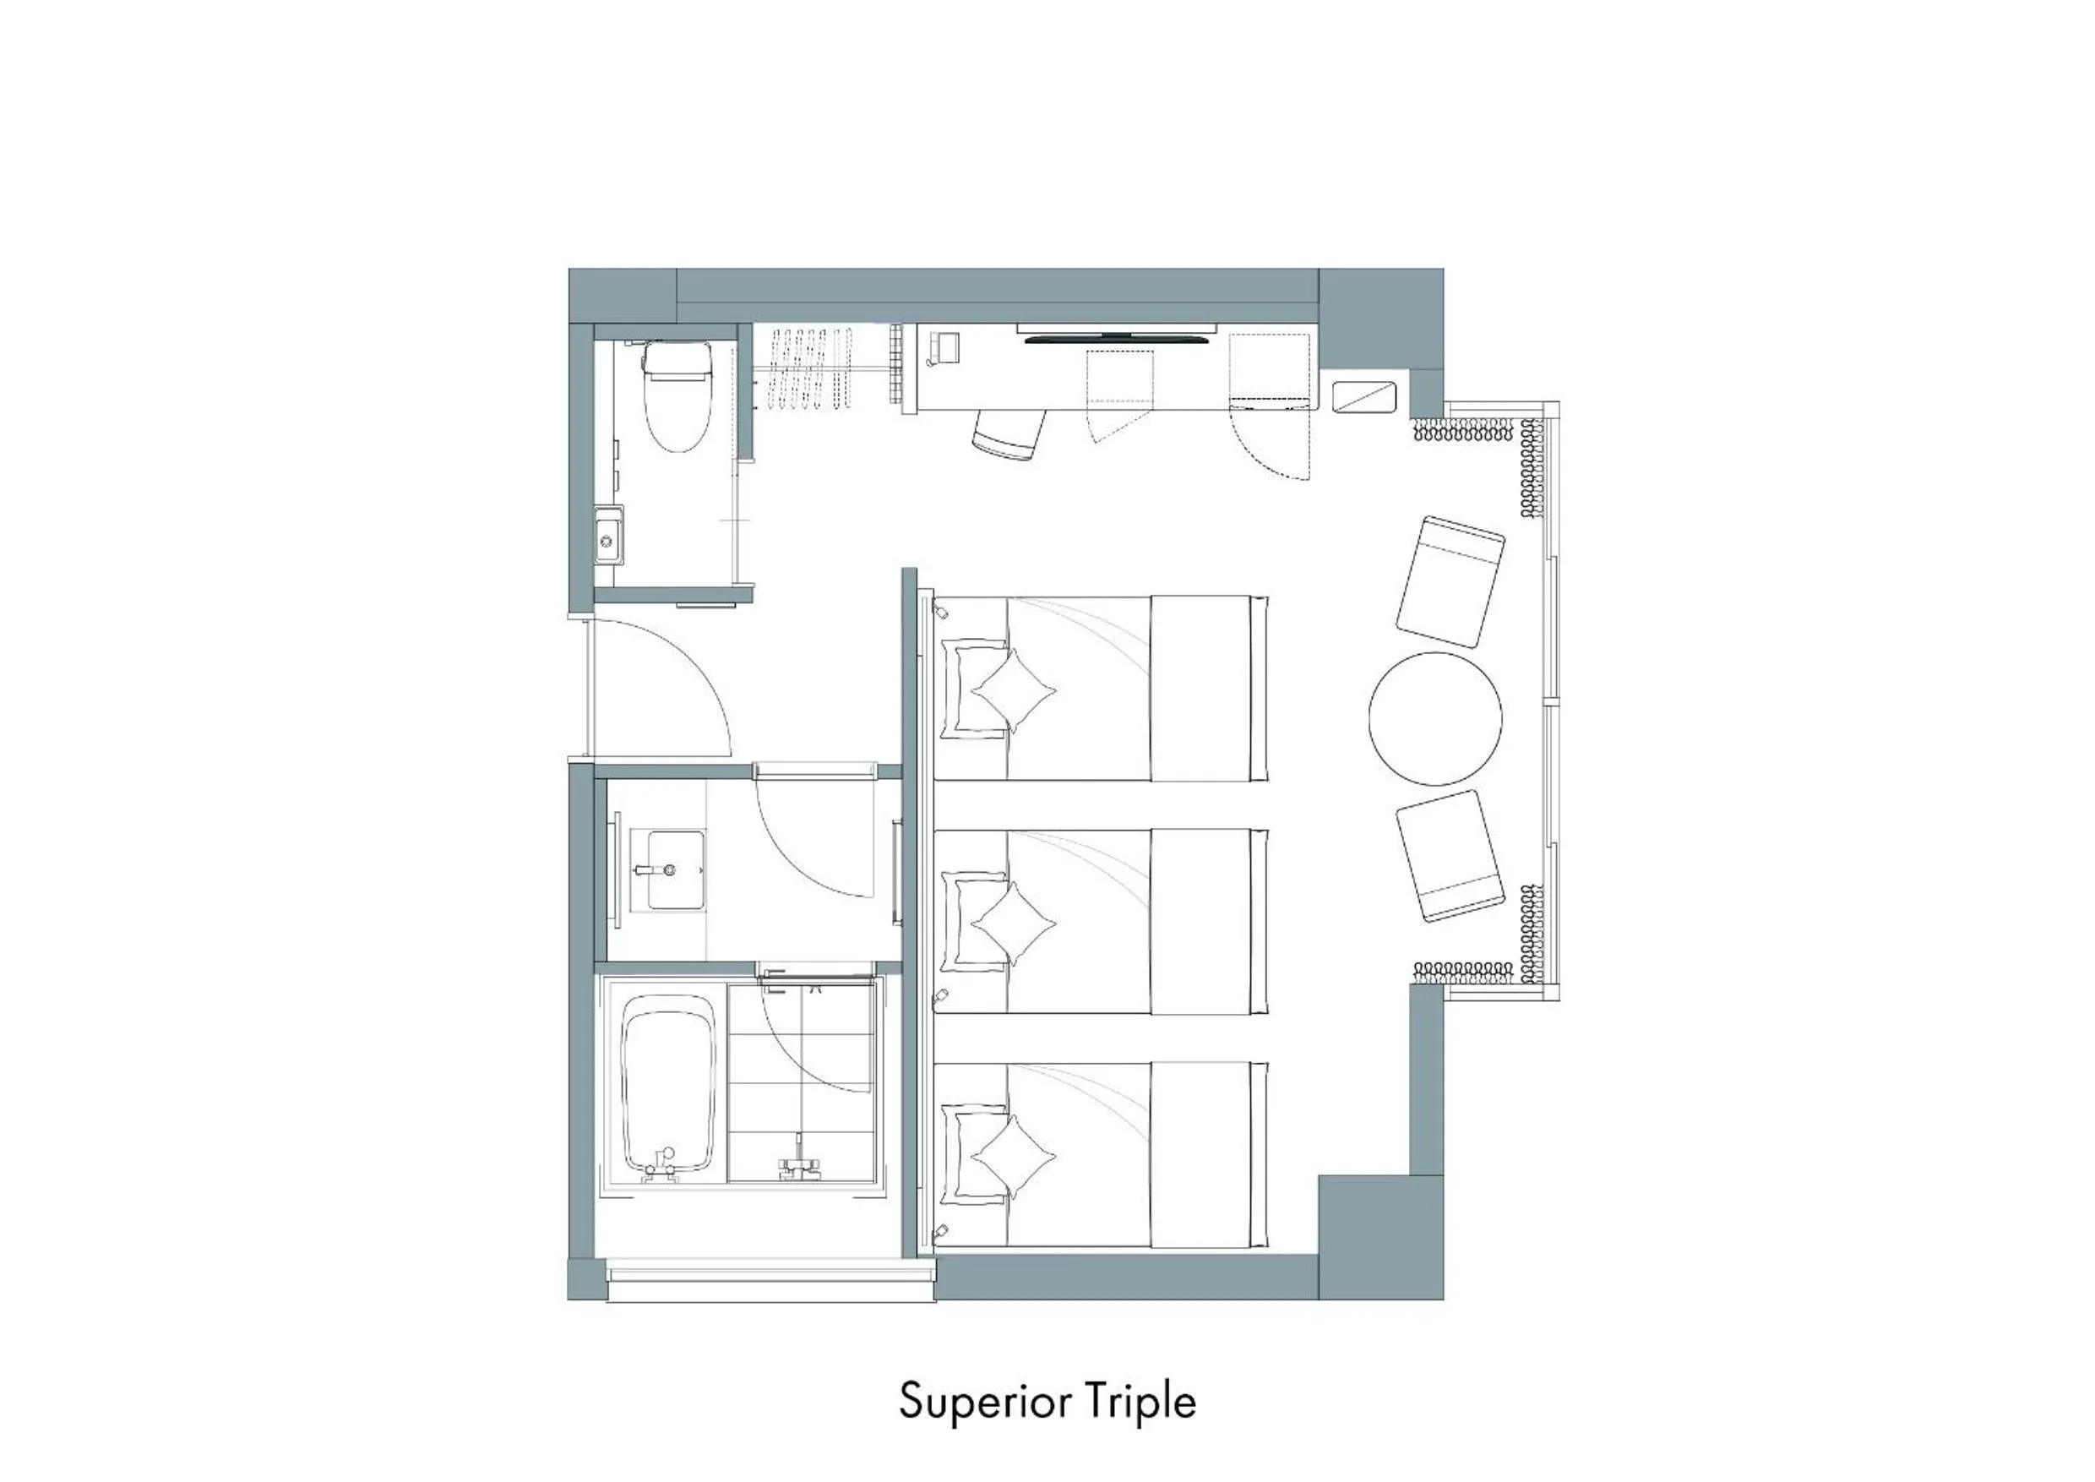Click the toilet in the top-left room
[677, 400]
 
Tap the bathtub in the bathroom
[668, 1086]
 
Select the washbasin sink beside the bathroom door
[675, 869]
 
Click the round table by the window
[1434, 718]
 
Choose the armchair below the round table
[1450, 855]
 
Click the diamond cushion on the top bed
[1012, 691]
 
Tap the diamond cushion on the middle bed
[1012, 923]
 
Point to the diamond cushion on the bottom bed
[1012, 1156]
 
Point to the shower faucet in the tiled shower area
[799, 1163]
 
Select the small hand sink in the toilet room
[607, 540]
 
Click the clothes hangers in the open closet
[810, 368]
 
